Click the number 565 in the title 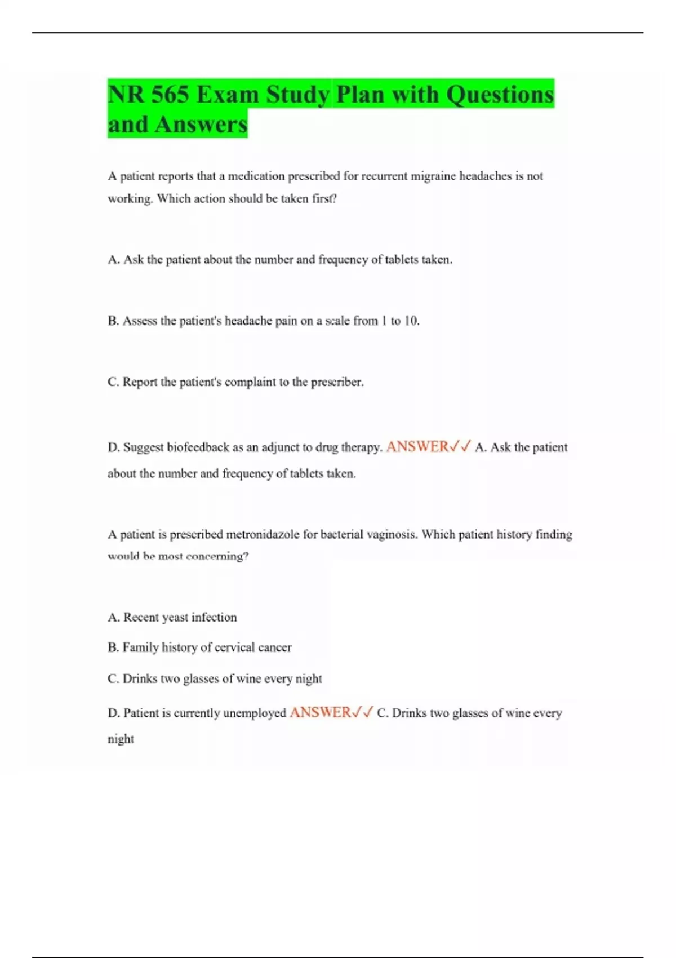point(170,94)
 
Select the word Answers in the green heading point(201,124)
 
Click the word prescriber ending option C point(336,382)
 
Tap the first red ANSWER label point(417,447)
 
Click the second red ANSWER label point(320,713)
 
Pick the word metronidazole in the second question point(263,534)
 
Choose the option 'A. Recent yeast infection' point(172,617)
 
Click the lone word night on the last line point(121,739)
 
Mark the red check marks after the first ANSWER point(460,447)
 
